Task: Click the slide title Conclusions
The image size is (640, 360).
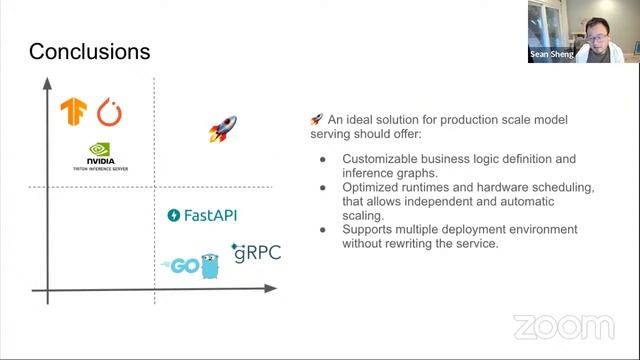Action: pos(90,51)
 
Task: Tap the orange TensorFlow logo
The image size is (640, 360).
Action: pos(73,112)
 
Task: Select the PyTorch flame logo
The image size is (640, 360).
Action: pos(109,112)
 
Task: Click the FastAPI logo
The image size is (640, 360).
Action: pos(202,215)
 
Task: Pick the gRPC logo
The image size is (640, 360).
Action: pos(255,252)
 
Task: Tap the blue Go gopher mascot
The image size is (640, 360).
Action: pos(209,266)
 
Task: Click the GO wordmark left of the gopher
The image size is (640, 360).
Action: pos(179,265)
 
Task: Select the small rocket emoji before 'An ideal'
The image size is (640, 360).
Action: pos(316,120)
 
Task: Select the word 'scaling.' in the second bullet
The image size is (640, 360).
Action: pos(364,215)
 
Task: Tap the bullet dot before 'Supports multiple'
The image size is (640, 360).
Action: pos(323,230)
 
